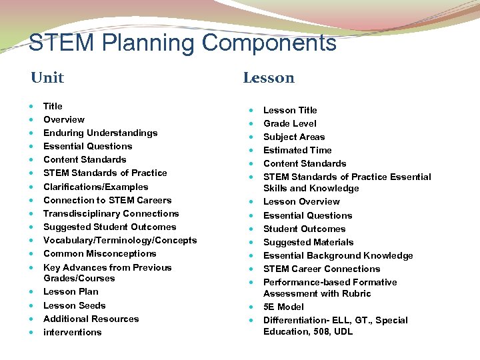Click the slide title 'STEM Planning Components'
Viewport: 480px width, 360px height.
point(182,43)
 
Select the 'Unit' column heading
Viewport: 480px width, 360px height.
point(47,78)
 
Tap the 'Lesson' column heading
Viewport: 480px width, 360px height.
point(269,78)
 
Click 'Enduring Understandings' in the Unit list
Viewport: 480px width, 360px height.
point(100,133)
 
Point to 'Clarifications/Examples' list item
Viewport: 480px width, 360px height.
point(95,187)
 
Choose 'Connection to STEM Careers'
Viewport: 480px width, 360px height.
point(107,200)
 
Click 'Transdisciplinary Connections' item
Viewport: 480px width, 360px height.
point(111,213)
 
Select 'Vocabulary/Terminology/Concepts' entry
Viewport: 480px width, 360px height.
point(120,240)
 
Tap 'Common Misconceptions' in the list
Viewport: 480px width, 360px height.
point(99,253)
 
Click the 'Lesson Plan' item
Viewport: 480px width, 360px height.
point(71,291)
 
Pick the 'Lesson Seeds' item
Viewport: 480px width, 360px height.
point(74,305)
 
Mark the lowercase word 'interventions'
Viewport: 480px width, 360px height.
point(72,332)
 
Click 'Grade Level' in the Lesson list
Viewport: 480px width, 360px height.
point(290,123)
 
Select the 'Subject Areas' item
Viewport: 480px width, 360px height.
point(294,137)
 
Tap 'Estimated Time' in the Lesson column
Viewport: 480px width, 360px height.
point(297,150)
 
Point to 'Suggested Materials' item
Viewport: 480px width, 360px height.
point(308,242)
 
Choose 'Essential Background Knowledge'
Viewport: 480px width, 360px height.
point(338,255)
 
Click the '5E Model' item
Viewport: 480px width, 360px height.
point(283,307)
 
